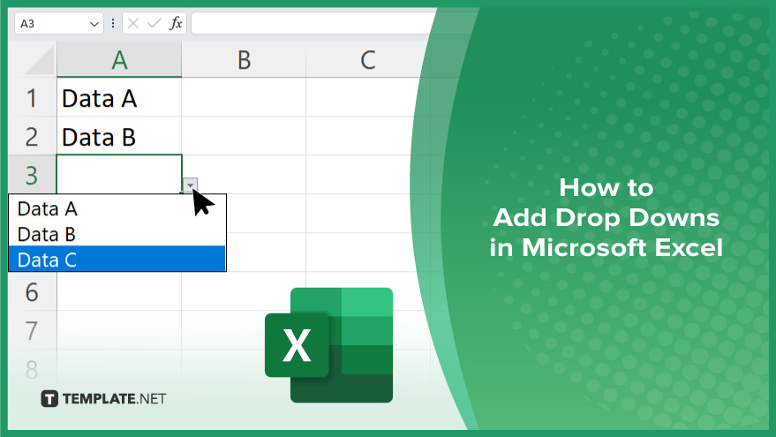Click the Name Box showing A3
[x=58, y=24]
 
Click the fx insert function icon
[x=176, y=23]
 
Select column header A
[x=119, y=59]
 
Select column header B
[x=244, y=59]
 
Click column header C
[x=368, y=59]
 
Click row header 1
[x=32, y=97]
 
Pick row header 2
[x=32, y=136]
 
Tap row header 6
[x=32, y=291]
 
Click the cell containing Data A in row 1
[x=119, y=97]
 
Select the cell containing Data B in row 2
[x=119, y=136]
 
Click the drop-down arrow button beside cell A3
[x=190, y=185]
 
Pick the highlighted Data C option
[x=117, y=259]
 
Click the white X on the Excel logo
[x=297, y=345]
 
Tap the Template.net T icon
[x=49, y=398]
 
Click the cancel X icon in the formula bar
[x=133, y=23]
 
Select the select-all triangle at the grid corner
[x=41, y=62]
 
